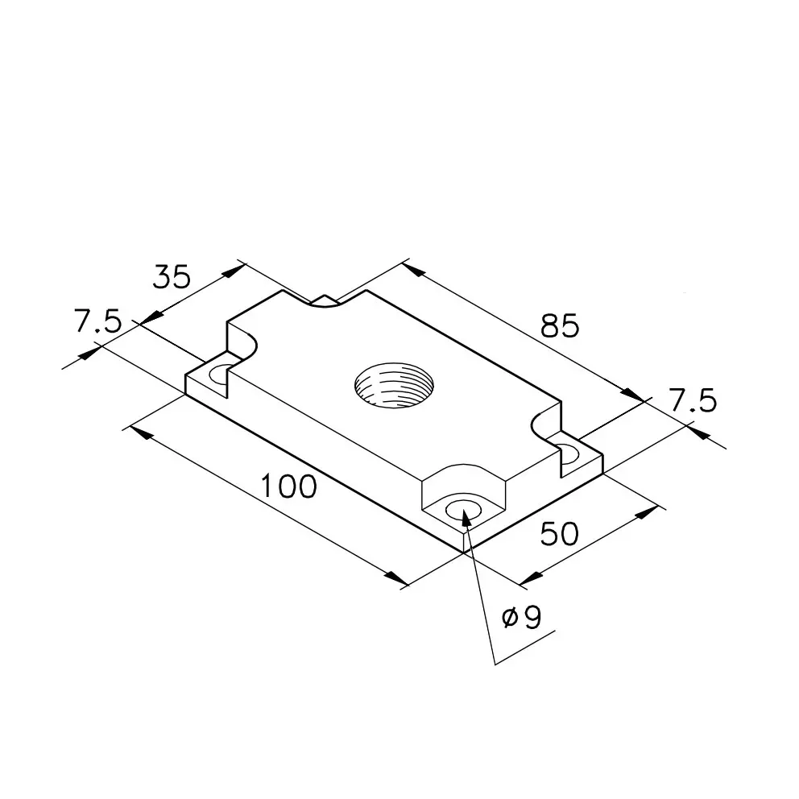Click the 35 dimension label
click(x=172, y=277)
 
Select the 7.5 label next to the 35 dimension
click(x=98, y=321)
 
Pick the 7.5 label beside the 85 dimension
click(x=693, y=400)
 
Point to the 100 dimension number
click(x=289, y=486)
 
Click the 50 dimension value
click(x=560, y=533)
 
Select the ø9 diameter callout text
click(x=522, y=617)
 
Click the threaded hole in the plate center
click(x=394, y=385)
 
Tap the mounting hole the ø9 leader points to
click(x=463, y=509)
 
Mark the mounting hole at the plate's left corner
click(x=220, y=375)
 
